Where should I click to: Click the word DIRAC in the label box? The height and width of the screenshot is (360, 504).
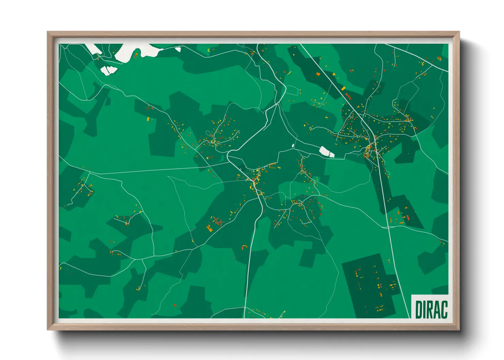(431, 310)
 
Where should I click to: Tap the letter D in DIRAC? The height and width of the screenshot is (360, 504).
(419, 310)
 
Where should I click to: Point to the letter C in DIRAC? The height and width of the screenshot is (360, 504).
(444, 310)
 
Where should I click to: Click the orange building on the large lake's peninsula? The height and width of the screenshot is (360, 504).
(137, 54)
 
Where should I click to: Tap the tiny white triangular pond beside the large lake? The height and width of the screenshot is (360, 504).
(178, 49)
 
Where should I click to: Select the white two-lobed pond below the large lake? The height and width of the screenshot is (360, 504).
(109, 70)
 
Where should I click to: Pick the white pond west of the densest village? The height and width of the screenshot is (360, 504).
(327, 152)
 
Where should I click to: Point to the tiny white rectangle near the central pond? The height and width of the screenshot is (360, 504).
(293, 146)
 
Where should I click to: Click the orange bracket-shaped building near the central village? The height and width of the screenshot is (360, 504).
(272, 166)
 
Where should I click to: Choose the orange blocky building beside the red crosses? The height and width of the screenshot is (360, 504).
(209, 228)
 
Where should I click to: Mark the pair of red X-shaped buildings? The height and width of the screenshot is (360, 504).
(218, 222)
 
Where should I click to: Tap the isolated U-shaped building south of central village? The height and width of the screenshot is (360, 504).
(244, 247)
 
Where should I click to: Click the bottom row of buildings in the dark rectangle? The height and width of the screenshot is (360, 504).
(380, 309)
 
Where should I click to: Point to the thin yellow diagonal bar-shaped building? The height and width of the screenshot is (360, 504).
(289, 73)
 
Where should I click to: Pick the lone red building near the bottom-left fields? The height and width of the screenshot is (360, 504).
(175, 305)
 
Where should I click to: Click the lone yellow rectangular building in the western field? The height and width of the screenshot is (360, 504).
(148, 119)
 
